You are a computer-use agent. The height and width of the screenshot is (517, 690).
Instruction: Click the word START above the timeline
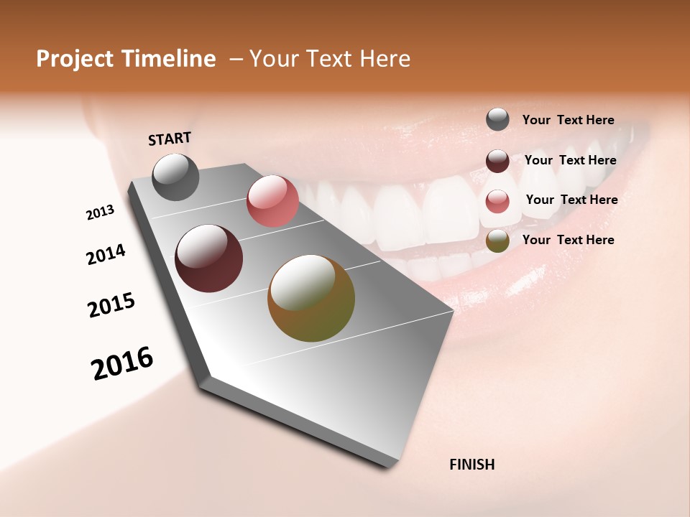(x=170, y=139)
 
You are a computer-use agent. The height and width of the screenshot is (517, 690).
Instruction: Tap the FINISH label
(x=472, y=465)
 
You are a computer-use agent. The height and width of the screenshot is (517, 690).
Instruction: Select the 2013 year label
(x=101, y=213)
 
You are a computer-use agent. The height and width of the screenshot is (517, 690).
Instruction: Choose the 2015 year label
(x=111, y=305)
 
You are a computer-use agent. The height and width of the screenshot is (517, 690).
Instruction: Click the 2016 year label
(x=122, y=363)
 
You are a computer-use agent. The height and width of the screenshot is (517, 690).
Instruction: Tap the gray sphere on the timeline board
(x=176, y=177)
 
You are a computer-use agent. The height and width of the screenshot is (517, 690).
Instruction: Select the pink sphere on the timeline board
(x=272, y=201)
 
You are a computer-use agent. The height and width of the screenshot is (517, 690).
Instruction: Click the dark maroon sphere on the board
(x=209, y=258)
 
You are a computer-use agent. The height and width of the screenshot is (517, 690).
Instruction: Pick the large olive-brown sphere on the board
(x=311, y=298)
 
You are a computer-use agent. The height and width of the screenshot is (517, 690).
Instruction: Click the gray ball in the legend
(x=497, y=120)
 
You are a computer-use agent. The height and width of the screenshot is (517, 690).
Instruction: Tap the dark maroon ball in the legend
(x=497, y=161)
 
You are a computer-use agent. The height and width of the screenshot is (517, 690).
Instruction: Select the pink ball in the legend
(x=497, y=201)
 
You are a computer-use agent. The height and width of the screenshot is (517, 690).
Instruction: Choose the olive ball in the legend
(x=497, y=241)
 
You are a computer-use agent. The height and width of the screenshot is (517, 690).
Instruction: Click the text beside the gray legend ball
(x=568, y=121)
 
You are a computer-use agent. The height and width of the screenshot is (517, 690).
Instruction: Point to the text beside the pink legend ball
(x=571, y=200)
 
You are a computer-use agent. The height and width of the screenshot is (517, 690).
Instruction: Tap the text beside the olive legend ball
(x=568, y=240)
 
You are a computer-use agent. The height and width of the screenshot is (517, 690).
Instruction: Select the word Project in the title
(x=74, y=59)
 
